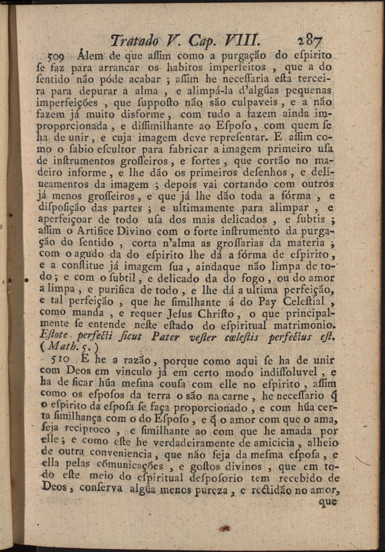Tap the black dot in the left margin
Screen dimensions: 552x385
click(x=27, y=281)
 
